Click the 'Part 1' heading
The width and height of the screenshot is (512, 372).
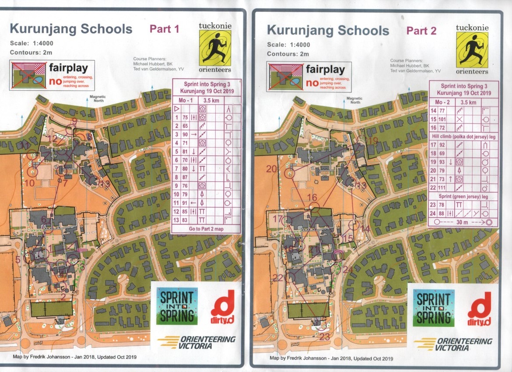pyautogui.click(x=165, y=29)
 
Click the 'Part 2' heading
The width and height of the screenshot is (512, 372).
pyautogui.click(x=421, y=31)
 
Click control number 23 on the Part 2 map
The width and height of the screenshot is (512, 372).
pyautogui.click(x=324, y=337)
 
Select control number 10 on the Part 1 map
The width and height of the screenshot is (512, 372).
pyautogui.click(x=29, y=183)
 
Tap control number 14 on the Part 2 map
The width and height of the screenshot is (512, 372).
pyautogui.click(x=365, y=229)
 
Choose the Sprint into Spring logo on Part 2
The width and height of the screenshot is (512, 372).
pyautogui.click(x=434, y=307)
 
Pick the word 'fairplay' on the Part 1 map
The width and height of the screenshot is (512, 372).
pyautogui.click(x=68, y=68)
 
